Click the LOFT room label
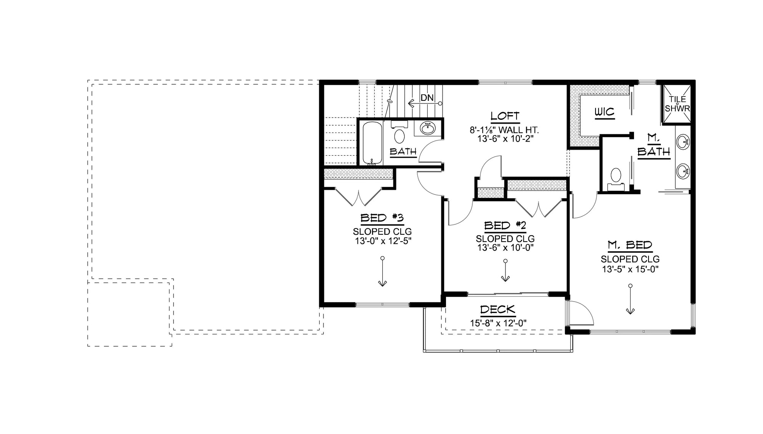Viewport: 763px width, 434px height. coord(505,116)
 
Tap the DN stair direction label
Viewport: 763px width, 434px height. coord(427,98)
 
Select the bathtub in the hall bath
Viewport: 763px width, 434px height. coord(372,143)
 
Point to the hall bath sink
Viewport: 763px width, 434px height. coord(428,129)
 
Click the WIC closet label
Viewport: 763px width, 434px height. coord(605,112)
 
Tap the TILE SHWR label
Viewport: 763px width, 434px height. coord(677,104)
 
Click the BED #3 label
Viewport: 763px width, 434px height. coord(382,218)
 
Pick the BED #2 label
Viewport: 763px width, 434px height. coord(505,226)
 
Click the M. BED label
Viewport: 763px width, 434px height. coord(630,245)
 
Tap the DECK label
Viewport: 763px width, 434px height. coord(497,310)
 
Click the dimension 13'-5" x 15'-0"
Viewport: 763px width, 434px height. coord(630,269)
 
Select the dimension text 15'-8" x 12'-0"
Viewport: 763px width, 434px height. coord(498,323)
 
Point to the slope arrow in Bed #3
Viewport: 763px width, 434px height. coord(382,272)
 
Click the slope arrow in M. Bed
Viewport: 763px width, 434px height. coord(630,300)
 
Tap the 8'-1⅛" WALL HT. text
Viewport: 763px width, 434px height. coord(504,130)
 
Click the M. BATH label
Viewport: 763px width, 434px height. coord(654,146)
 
